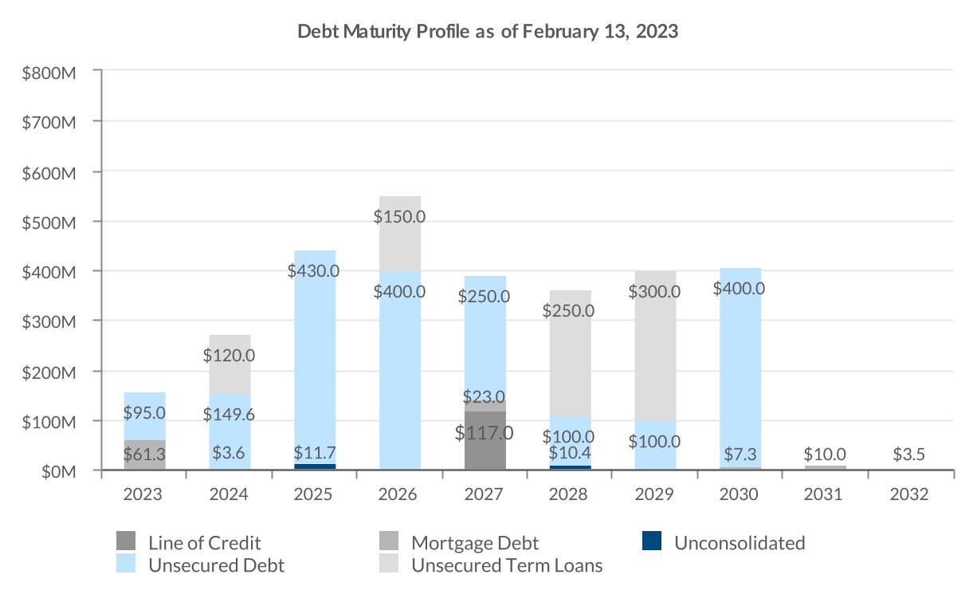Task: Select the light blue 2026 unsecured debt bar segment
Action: tap(399, 383)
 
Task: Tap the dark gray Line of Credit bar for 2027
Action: tap(485, 443)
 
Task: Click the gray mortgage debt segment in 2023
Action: tap(144, 455)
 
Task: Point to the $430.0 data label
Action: tap(314, 270)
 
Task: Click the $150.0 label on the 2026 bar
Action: tap(399, 216)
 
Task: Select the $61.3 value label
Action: tap(144, 454)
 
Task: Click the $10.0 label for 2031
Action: tap(824, 454)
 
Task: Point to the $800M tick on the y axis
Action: tap(49, 72)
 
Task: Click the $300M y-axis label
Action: tap(49, 321)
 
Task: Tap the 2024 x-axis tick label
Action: tap(230, 494)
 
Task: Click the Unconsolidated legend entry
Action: tap(739, 543)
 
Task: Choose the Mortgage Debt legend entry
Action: tap(475, 543)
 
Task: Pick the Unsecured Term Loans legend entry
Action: tap(506, 566)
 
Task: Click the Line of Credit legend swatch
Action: tap(126, 542)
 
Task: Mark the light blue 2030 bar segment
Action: tap(740, 375)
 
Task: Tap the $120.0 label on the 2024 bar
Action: tap(230, 355)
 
